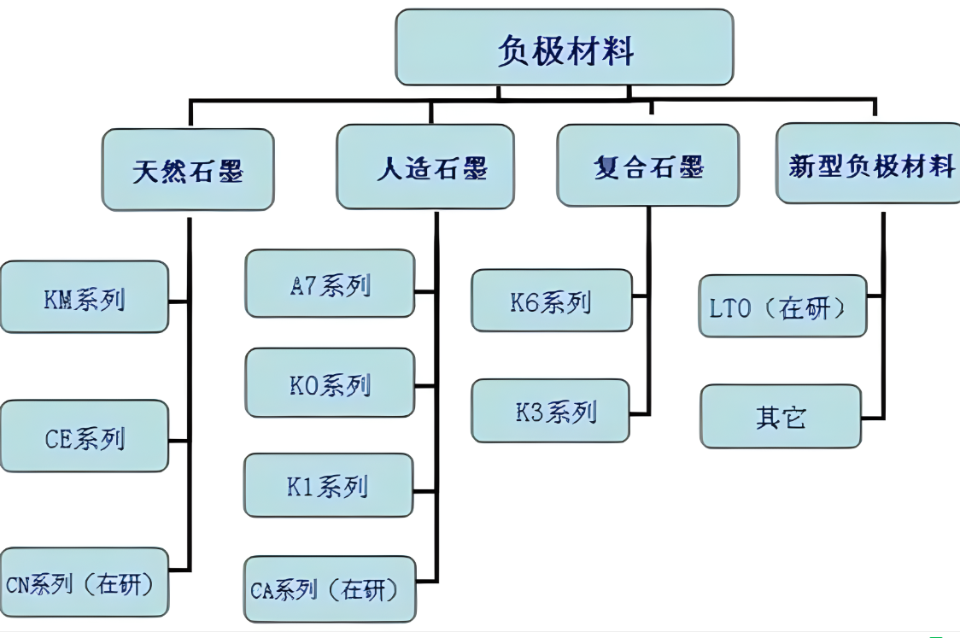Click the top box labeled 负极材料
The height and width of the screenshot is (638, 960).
(x=564, y=48)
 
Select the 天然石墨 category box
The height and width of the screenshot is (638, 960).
(x=188, y=170)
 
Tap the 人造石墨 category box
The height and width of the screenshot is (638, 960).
(x=425, y=167)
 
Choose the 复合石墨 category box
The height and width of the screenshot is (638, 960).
(x=648, y=166)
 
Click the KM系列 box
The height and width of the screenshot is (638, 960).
(x=85, y=297)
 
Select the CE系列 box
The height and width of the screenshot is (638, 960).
(x=85, y=436)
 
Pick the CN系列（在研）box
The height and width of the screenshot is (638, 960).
(x=85, y=582)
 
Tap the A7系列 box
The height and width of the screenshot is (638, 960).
(x=330, y=284)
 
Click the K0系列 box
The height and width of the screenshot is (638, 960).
(x=330, y=383)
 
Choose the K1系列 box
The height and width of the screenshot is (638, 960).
(x=329, y=485)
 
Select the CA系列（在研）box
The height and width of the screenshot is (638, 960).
(x=330, y=589)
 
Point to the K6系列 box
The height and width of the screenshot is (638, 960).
(x=552, y=301)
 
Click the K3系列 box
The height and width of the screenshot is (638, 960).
(x=550, y=411)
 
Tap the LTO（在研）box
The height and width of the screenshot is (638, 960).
(x=783, y=306)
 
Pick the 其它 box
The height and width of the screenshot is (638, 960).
(x=781, y=416)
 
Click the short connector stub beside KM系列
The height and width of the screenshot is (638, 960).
(x=179, y=301)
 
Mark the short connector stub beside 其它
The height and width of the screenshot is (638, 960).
(x=872, y=419)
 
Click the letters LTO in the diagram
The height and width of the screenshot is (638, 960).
(x=729, y=308)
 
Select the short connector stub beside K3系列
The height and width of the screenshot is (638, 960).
(x=639, y=414)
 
